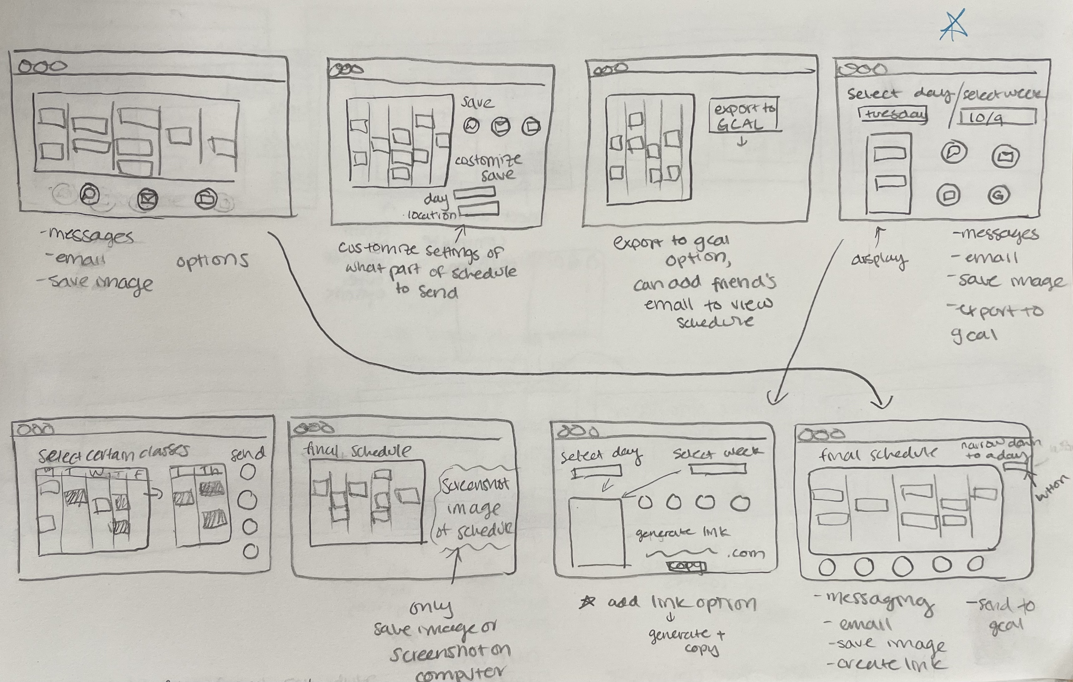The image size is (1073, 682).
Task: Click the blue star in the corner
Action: coord(954,26)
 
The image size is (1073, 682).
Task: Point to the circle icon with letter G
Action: coord(998,195)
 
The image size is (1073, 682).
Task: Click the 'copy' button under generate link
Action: coord(686,566)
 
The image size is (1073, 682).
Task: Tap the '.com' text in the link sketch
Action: coord(746,554)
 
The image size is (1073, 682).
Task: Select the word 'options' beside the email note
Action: coord(212,261)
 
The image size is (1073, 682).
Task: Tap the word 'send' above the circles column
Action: coord(248,453)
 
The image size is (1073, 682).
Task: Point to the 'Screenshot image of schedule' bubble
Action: coord(475,508)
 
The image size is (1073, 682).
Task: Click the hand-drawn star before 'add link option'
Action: coord(587,602)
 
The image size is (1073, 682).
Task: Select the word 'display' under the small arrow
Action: coord(879,259)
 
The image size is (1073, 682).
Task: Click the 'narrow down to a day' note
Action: coord(1000,449)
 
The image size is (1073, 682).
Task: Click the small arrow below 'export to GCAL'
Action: coord(742,142)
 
